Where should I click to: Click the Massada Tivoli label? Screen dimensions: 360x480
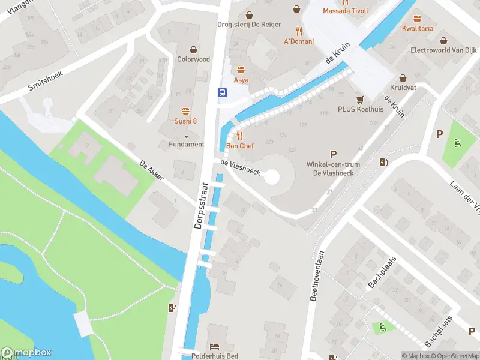pos(344,11)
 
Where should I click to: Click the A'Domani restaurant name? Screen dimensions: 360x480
pos(298,41)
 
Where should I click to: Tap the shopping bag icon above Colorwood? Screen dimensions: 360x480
pos(193,49)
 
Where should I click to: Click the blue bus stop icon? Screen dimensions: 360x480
pos(222,92)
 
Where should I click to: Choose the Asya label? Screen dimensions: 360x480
pos(241,80)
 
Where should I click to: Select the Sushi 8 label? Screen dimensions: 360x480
pos(185,121)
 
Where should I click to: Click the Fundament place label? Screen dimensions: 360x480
pos(186,144)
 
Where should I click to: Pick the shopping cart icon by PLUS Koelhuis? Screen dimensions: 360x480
pos(360,99)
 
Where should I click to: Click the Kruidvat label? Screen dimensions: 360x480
pos(403,87)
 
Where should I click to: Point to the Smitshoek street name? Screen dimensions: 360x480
pos(46,79)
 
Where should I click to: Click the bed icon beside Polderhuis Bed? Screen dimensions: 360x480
pos(214,347)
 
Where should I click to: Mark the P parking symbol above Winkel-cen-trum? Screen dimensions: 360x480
pos(334,154)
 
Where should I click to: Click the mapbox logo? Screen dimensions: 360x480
pos(27,353)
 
